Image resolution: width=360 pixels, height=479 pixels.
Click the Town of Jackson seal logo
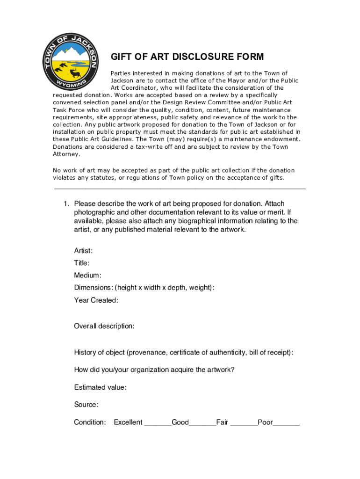pos(71,61)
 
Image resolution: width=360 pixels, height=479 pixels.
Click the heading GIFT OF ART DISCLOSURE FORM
pos(187,57)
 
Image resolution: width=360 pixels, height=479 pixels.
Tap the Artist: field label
pos(83,251)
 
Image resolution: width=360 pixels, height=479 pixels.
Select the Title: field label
pos(82,263)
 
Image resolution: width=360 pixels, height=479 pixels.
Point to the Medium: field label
pos(87,276)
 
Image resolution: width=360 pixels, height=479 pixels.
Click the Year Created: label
pos(96,300)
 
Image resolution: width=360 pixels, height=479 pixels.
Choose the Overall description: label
pos(104,326)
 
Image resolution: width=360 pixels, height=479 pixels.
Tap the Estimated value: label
pos(100,387)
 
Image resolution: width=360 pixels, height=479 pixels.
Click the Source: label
pos(86,405)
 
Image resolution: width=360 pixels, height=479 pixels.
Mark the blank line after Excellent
pos(158,424)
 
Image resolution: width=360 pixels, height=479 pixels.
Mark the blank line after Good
pos(202,424)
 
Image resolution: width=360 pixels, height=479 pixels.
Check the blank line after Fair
pos(244,424)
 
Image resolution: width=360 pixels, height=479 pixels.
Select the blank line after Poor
pos(286,424)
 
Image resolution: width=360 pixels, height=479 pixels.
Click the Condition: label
pos(90,422)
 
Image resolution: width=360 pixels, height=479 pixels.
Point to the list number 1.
pos(67,204)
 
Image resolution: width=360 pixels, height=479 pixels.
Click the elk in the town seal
pos(75,73)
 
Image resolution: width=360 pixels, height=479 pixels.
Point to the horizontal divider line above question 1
pos(180,189)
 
